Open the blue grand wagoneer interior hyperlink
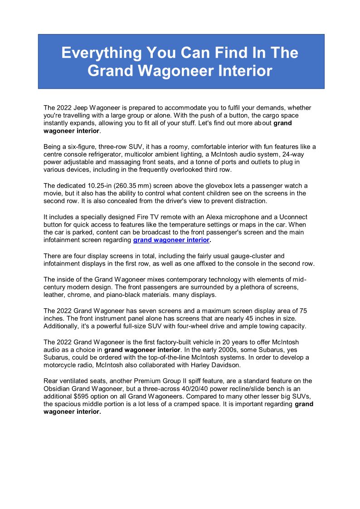[x=171, y=240]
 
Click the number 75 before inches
[x=303, y=310]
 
